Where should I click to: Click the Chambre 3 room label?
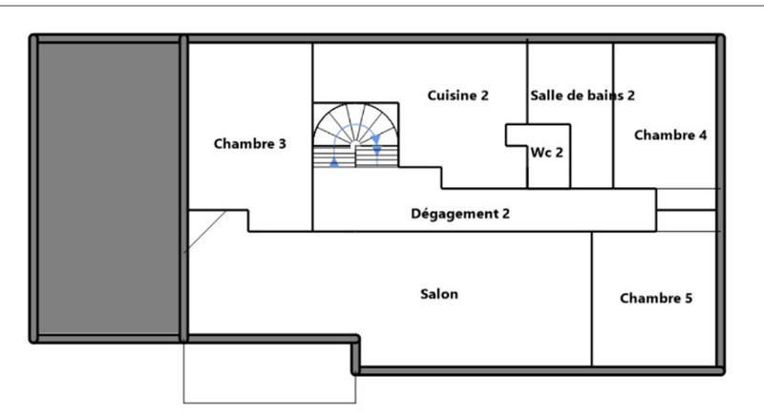coord(249,144)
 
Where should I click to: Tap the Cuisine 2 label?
coord(457,95)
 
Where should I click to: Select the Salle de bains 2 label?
coord(583,95)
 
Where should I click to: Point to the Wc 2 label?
coord(546,152)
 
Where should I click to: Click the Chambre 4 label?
coord(669,135)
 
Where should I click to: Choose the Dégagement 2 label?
coord(459,214)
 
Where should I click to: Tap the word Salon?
coord(439,294)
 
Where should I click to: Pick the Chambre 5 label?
coord(656,298)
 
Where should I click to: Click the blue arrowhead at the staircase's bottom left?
coord(333,162)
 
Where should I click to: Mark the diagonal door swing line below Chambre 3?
coord(205,232)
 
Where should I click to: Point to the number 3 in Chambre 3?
coord(282,144)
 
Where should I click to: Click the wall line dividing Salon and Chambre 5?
coord(592,298)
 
